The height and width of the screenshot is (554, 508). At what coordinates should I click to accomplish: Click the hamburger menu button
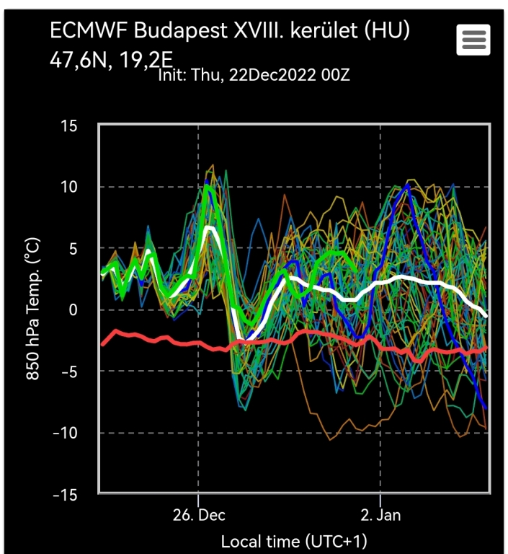473,40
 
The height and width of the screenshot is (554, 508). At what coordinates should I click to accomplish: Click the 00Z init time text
337,74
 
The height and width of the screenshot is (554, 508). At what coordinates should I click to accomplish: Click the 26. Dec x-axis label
198,515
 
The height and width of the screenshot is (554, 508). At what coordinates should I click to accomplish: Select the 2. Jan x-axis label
380,515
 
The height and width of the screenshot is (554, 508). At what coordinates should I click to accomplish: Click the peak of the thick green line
208,187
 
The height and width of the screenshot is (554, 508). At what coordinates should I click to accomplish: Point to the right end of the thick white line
487,316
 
